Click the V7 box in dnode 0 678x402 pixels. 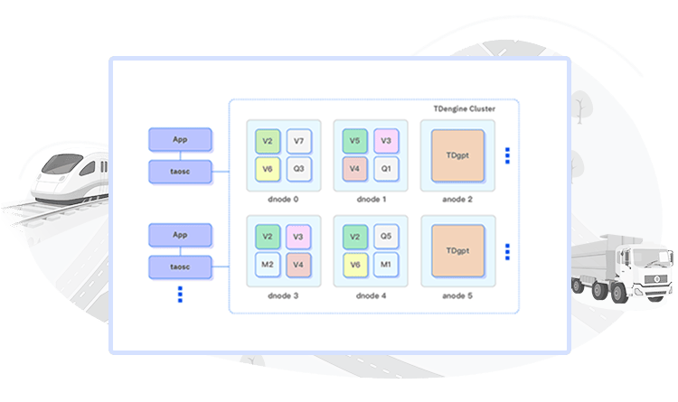click(x=298, y=142)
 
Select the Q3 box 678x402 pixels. click(x=298, y=168)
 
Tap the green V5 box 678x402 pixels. click(x=354, y=141)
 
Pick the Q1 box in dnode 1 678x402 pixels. click(x=386, y=168)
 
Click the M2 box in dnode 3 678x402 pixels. click(x=267, y=265)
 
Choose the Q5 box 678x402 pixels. click(x=386, y=238)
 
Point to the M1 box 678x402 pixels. click(x=386, y=265)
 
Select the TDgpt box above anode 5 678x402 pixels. click(x=457, y=250)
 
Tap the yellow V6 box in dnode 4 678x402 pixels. click(x=354, y=265)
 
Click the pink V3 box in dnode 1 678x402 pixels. click(x=386, y=141)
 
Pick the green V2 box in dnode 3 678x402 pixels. click(x=267, y=238)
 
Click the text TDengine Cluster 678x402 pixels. click(x=464, y=108)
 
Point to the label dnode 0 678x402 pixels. click(x=283, y=199)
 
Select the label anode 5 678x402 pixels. click(x=457, y=294)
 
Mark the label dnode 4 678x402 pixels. click(x=370, y=294)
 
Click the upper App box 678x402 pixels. click(x=180, y=139)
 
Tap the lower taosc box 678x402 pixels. click(x=180, y=266)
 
